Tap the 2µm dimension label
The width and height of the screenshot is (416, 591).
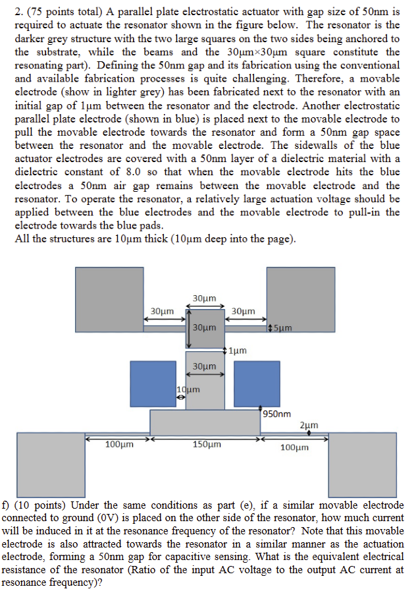tap(309, 426)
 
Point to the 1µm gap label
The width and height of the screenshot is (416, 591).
tap(238, 350)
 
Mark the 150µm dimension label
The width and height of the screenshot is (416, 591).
tap(207, 445)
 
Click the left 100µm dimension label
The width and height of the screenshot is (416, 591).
tap(119, 445)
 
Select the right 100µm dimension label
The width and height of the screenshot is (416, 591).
tap(294, 447)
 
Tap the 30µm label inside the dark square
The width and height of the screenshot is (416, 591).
tap(205, 327)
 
